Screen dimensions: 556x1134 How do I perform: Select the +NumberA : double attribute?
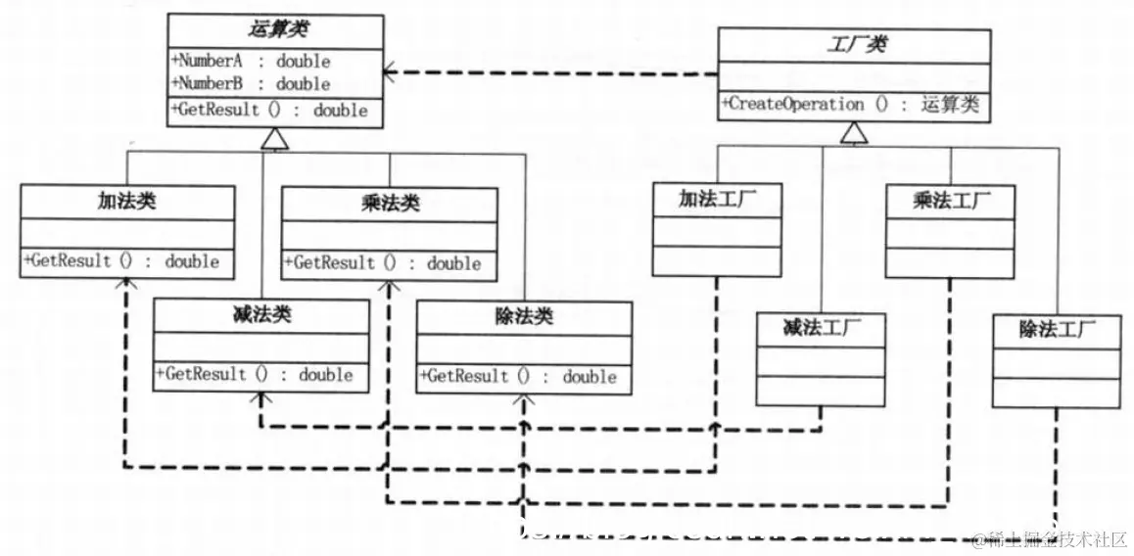coord(252,61)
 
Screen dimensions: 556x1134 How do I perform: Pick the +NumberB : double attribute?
coord(252,84)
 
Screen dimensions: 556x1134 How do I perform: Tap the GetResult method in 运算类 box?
coord(270,110)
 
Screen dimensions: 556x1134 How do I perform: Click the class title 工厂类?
coord(853,45)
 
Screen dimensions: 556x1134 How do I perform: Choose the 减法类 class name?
coord(261,316)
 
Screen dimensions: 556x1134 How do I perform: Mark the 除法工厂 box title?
coord(1056,330)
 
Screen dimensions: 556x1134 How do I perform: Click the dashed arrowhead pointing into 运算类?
coord(390,71)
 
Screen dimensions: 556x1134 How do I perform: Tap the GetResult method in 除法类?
coord(518,376)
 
